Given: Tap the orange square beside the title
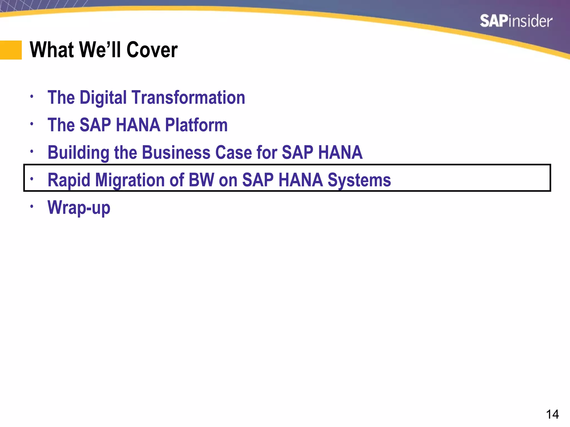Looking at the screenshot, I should pyautogui.click(x=11, y=50).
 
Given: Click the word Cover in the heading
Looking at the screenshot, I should pyautogui.click(x=152, y=50).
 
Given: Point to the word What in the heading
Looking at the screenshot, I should pyautogui.click(x=52, y=50).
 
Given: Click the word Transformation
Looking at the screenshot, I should pyautogui.click(x=188, y=98).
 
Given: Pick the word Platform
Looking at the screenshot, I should pyautogui.click(x=196, y=125).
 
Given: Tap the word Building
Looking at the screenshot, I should pyautogui.click(x=78, y=153).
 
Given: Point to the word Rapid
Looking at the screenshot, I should pyautogui.click(x=69, y=180).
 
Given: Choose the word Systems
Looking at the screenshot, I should pyautogui.click(x=359, y=180).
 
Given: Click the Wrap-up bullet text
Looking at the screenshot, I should pyautogui.click(x=79, y=208).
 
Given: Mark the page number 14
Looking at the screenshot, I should pyautogui.click(x=552, y=414).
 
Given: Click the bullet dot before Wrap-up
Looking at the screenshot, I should pyautogui.click(x=32, y=206).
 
